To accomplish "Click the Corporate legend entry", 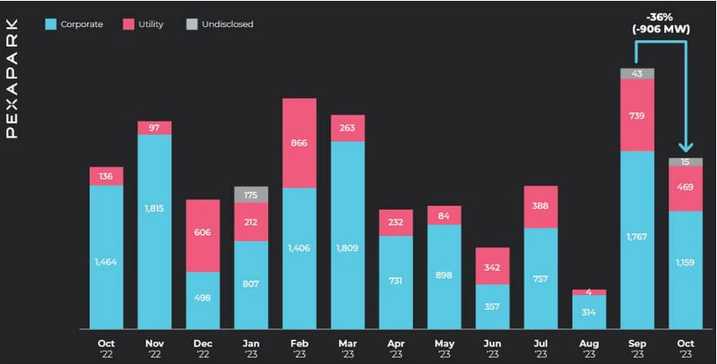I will [74, 25].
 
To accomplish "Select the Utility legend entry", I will [143, 25].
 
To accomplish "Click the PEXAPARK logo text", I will [13, 78].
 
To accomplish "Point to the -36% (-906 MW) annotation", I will [661, 23].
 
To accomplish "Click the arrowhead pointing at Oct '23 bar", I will [685, 146].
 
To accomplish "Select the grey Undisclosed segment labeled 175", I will [251, 194].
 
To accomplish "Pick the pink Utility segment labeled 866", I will [299, 143].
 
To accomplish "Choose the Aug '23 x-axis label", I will [589, 348].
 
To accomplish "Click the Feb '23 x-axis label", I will [299, 348].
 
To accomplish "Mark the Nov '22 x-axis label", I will [154, 348].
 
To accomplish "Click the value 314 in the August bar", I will [589, 312].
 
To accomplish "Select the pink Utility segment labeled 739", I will [638, 115].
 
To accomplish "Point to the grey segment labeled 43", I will [638, 74].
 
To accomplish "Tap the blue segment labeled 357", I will [492, 306].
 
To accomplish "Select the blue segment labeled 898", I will [444, 276].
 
